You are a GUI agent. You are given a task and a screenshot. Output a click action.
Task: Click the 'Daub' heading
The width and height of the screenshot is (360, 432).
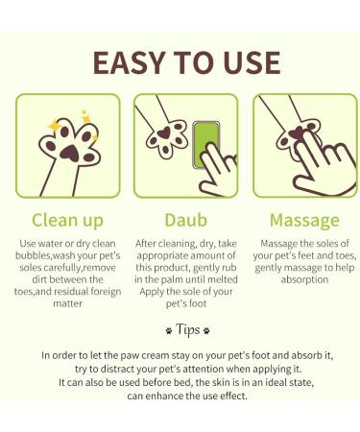click(180, 219)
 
